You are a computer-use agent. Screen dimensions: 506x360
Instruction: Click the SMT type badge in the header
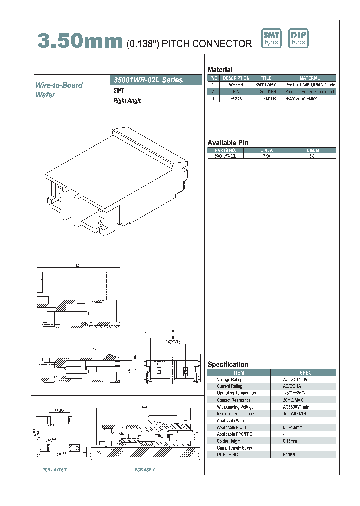[272, 38]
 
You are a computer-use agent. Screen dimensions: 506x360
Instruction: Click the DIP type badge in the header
[299, 38]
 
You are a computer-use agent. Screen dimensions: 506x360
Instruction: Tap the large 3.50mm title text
[80, 42]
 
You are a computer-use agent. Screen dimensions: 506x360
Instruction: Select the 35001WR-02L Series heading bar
[155, 80]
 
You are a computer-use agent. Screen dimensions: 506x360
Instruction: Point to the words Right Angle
[128, 101]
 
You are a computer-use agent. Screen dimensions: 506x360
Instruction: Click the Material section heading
[220, 70]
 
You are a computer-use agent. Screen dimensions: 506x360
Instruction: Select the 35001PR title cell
[266, 92]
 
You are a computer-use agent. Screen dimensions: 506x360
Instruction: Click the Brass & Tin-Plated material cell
[301, 99]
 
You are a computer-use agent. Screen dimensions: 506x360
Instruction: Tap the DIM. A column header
[266, 150]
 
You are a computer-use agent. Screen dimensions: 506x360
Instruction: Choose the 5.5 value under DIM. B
[312, 156]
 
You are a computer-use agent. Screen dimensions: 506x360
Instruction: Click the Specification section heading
[228, 364]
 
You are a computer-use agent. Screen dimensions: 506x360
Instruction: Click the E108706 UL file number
[291, 454]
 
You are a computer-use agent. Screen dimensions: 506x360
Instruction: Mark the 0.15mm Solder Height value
[291, 441]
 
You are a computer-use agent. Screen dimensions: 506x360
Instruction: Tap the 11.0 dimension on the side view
[77, 266]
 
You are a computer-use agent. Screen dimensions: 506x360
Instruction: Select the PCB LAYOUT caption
[55, 470]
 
